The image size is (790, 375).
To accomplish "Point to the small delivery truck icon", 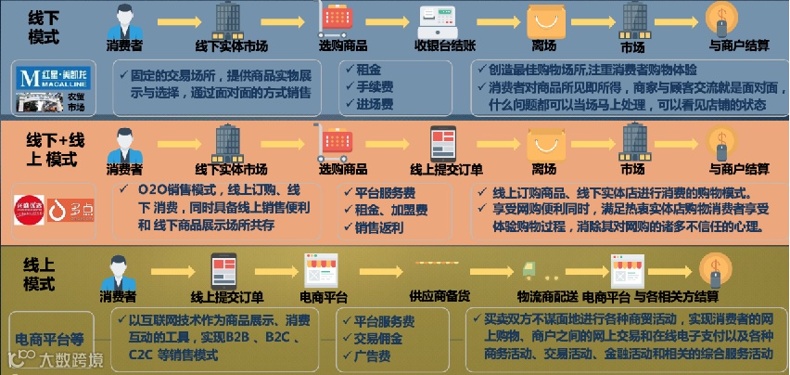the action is tap(529, 268).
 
